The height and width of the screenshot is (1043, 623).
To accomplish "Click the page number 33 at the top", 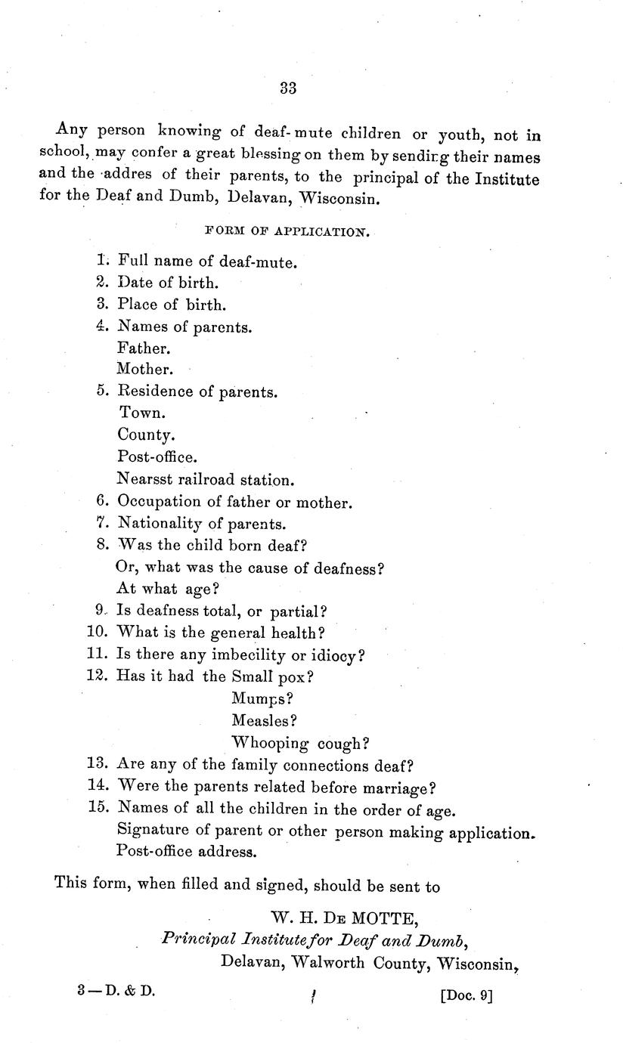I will [288, 88].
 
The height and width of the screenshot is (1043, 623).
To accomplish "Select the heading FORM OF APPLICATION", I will [287, 232].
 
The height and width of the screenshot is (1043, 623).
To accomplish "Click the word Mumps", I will [262, 699].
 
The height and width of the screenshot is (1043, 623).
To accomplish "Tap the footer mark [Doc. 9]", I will [465, 995].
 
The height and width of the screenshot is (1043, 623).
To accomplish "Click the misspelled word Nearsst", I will [144, 479].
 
